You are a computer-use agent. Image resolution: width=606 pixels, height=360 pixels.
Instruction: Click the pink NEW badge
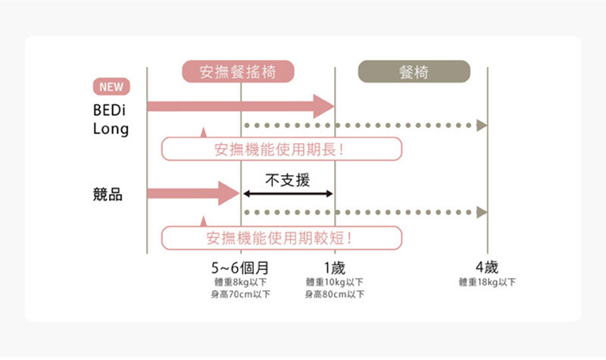tap(111, 86)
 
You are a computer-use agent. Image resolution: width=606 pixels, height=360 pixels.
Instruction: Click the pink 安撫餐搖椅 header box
tap(237, 72)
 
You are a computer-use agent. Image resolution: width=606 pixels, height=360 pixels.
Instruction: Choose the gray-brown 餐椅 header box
tap(414, 72)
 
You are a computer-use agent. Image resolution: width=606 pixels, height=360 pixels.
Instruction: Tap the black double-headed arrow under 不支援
tap(288, 194)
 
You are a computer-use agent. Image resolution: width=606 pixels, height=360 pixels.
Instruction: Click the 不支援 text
tap(288, 180)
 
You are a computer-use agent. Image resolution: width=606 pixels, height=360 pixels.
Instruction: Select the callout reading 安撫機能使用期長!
tap(281, 149)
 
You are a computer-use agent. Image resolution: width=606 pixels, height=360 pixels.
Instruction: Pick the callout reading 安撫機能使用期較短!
tap(281, 238)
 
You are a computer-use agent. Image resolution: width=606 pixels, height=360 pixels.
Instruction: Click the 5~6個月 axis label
tap(240, 268)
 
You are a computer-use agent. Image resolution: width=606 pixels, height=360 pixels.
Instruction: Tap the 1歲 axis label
tap(334, 268)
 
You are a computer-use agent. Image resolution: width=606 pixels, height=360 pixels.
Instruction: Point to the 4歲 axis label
tap(486, 268)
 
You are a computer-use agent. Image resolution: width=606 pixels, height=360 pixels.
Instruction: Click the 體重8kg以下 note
tap(240, 282)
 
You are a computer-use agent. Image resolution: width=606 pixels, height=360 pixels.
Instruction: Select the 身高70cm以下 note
tap(240, 294)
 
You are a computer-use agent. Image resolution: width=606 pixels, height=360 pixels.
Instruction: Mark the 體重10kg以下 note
tap(334, 282)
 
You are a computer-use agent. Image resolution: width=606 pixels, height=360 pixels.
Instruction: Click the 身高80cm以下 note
tap(334, 294)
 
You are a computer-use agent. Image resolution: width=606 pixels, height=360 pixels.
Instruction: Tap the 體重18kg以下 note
tap(486, 282)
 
